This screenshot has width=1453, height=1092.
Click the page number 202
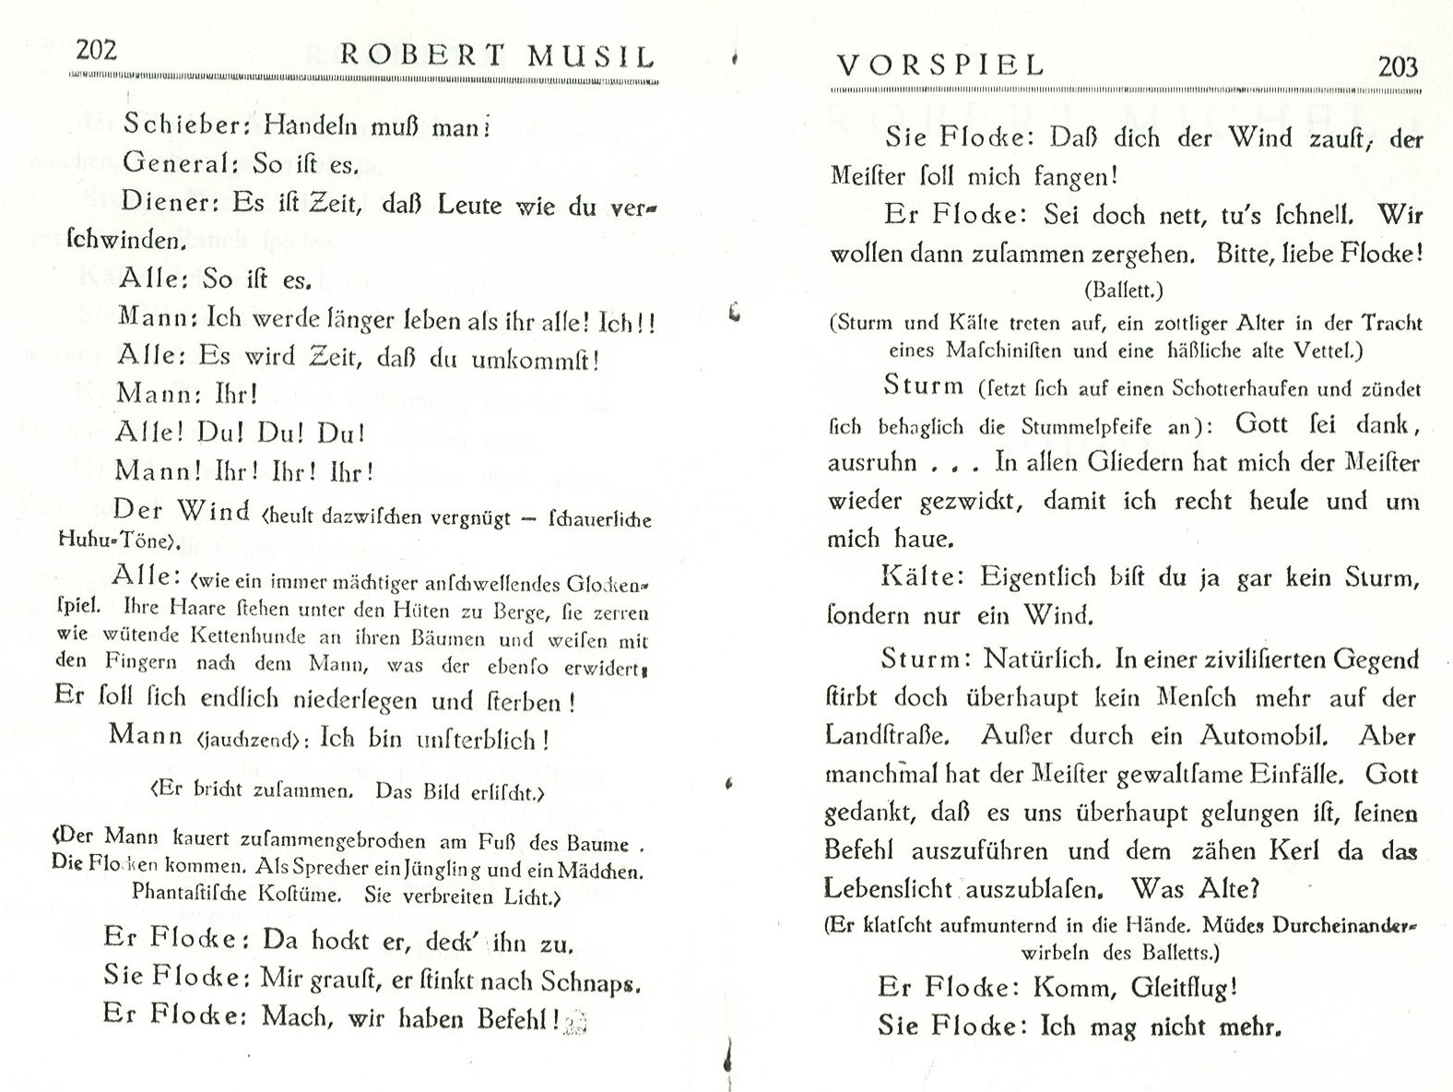click(x=96, y=50)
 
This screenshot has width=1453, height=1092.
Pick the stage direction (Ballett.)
click(x=1124, y=290)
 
